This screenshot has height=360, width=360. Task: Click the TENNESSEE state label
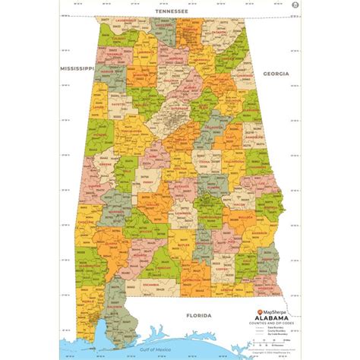coord(179,12)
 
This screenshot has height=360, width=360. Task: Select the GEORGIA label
coord(276,73)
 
